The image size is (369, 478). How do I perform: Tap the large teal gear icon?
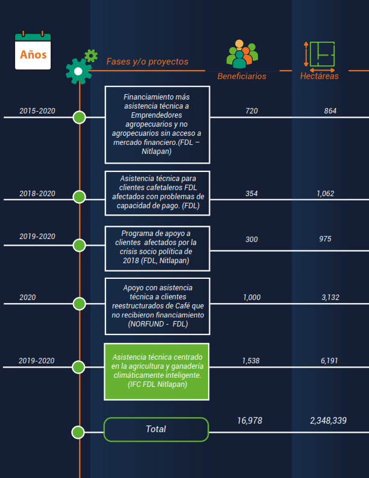78,71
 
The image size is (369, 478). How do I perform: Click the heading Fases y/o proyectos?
147,62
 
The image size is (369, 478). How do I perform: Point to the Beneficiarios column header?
242,76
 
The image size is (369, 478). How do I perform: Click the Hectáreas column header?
320,76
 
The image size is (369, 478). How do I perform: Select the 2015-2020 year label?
37,111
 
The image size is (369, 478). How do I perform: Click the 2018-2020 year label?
37,194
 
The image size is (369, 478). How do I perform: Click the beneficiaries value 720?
252,111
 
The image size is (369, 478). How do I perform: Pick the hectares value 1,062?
326,194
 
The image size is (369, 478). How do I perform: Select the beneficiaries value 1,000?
252,297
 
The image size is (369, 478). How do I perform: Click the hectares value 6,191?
329,360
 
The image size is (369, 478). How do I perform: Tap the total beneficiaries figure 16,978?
250,420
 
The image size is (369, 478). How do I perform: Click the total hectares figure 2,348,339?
328,420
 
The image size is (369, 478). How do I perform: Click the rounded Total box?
156,429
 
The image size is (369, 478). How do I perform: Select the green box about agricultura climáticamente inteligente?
157,371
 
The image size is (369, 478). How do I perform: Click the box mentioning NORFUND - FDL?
157,306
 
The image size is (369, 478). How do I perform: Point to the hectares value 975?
326,239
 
